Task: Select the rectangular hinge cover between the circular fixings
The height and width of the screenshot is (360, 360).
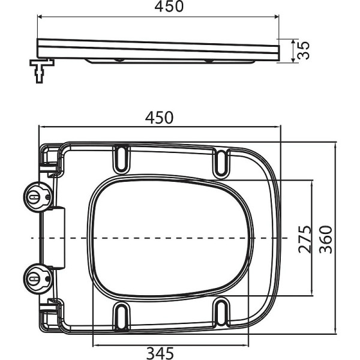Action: pos(56,237)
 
